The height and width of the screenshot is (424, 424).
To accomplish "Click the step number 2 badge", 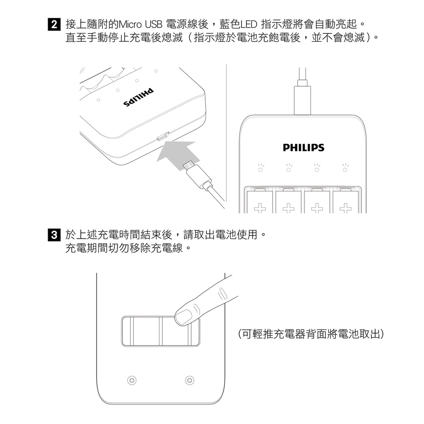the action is (x=54, y=24).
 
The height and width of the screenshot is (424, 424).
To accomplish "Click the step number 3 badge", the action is (x=54, y=234).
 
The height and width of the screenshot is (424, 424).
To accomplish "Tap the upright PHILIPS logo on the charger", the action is (x=304, y=148).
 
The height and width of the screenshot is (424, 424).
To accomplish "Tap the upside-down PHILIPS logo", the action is (x=139, y=97).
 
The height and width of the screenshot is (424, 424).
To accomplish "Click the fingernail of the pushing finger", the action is (x=184, y=317).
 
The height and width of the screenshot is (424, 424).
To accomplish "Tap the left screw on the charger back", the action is (x=132, y=380).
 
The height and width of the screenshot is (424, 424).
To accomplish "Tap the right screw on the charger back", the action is (x=190, y=380).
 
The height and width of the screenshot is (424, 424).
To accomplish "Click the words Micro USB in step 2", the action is (x=140, y=25).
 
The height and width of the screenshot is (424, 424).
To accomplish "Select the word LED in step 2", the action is (x=248, y=25).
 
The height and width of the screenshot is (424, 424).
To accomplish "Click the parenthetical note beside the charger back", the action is (x=311, y=334).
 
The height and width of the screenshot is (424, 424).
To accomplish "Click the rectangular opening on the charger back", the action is (x=161, y=331).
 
